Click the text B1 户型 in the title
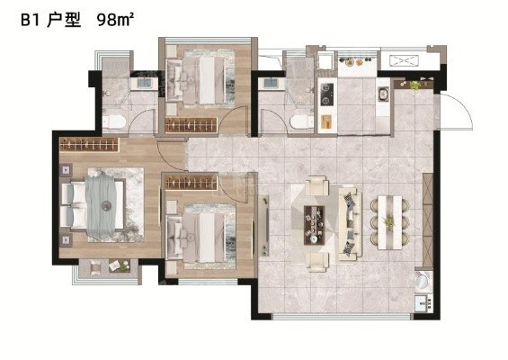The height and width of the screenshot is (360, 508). (50, 21)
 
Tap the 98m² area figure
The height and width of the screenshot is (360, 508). (115, 20)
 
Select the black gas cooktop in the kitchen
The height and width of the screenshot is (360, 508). (327, 94)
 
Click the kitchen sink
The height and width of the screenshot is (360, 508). (383, 94)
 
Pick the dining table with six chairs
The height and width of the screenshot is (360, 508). (389, 222)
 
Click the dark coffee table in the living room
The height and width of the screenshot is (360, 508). (314, 225)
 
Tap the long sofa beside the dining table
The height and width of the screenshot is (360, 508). (351, 224)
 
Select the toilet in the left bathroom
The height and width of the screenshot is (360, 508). (113, 121)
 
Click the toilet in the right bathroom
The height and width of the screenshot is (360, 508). (301, 122)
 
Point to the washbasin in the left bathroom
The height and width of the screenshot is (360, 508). (144, 83)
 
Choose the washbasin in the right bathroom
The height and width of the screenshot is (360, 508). (272, 84)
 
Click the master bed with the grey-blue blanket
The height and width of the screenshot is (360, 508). (93, 204)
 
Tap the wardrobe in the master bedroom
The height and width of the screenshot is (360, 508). (89, 144)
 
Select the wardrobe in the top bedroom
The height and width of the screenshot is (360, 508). (191, 125)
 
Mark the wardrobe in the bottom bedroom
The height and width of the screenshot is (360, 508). (191, 183)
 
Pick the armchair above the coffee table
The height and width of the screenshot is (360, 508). (316, 185)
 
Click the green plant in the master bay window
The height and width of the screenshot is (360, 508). (124, 265)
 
